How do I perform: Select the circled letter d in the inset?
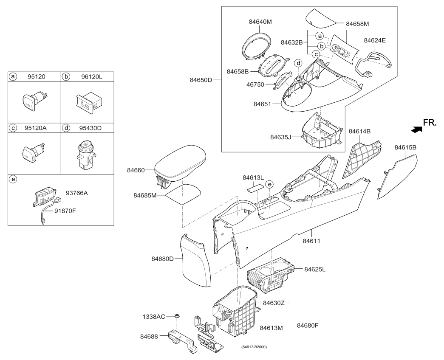299,63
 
